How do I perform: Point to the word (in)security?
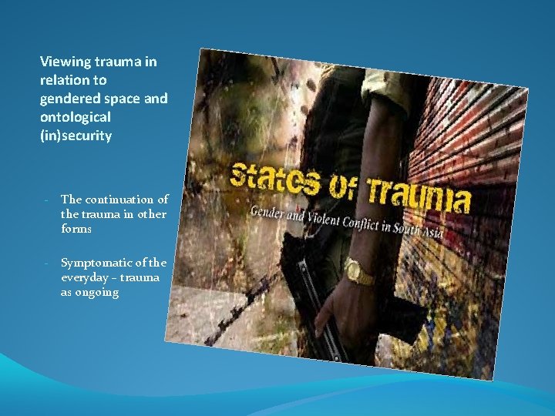[x=76, y=136]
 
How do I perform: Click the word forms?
[x=76, y=229]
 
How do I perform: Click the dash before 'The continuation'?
[x=47, y=200]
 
